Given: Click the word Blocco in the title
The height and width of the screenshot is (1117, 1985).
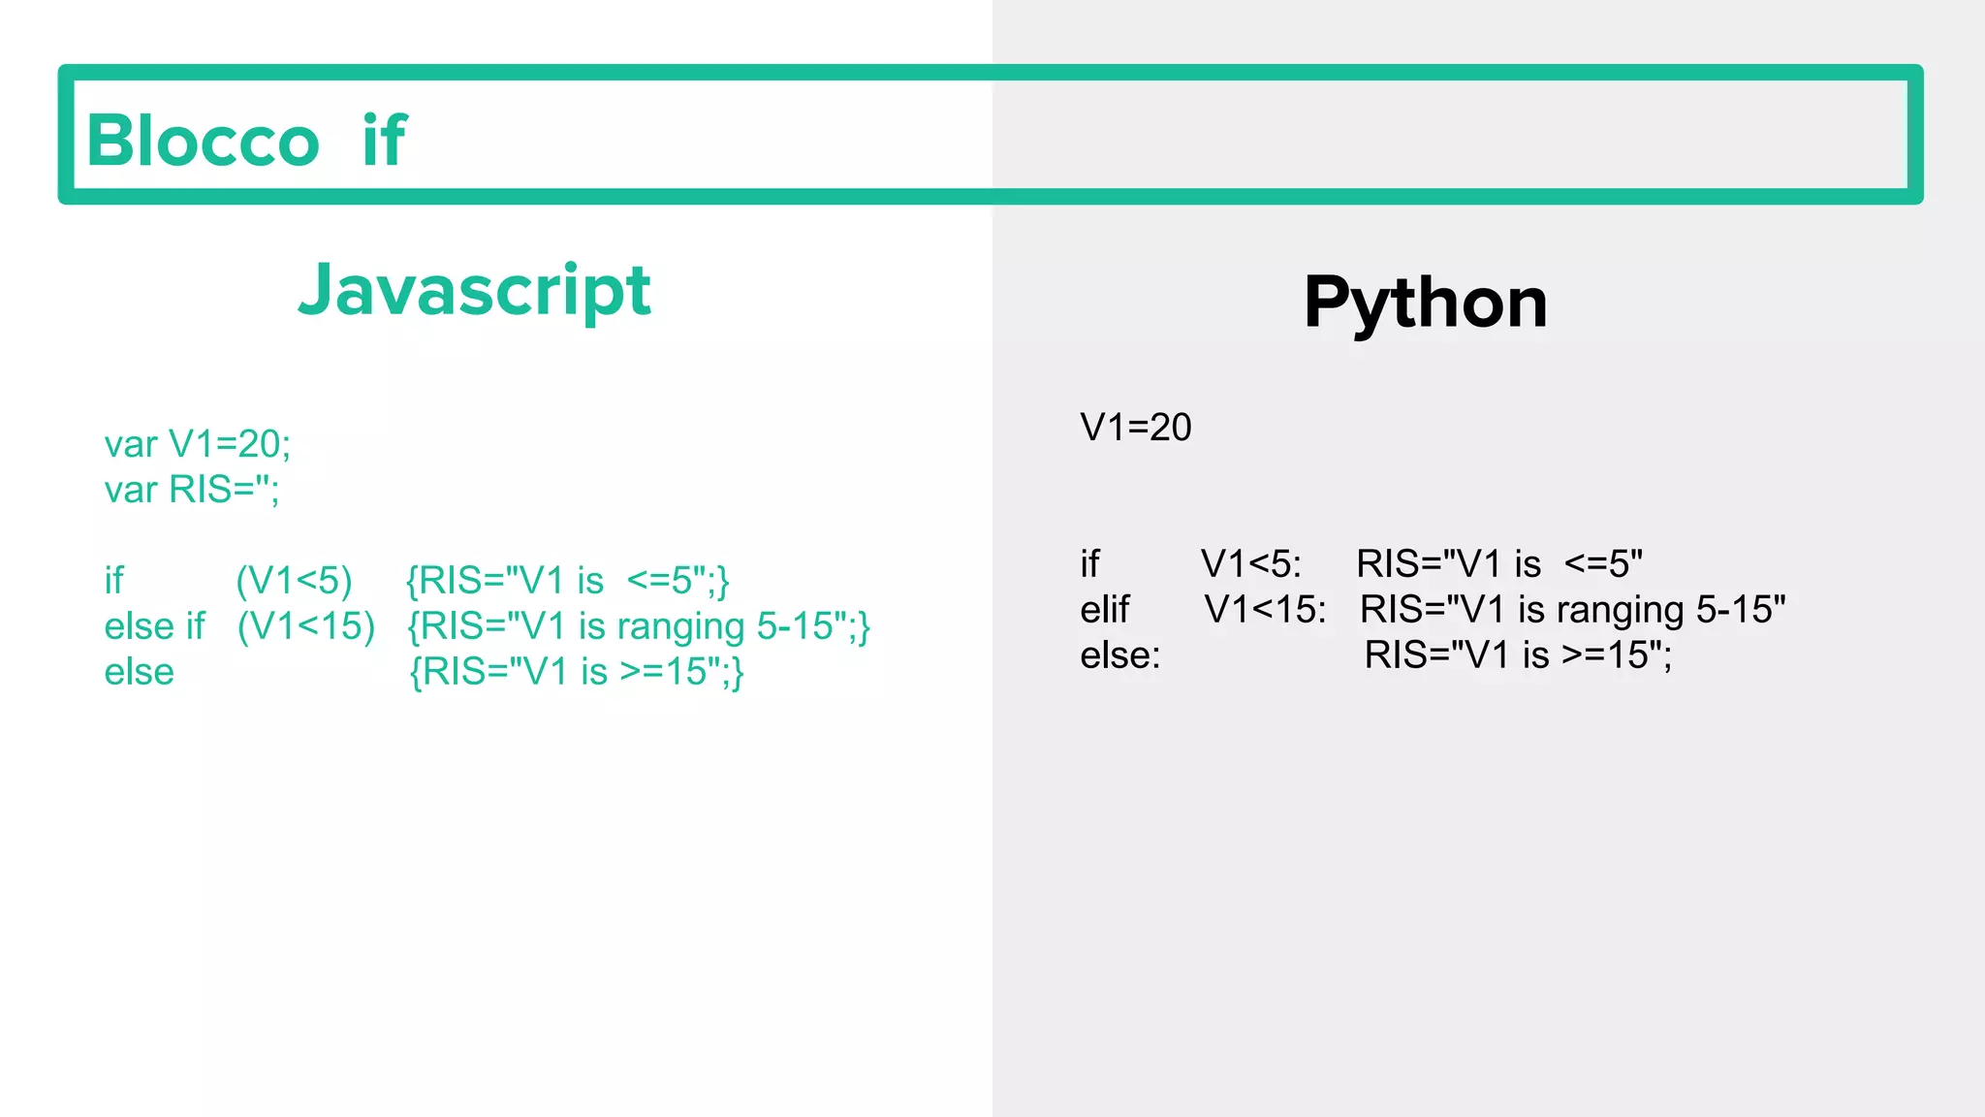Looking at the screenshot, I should [x=203, y=141].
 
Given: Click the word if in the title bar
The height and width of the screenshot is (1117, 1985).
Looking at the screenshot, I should [x=384, y=141].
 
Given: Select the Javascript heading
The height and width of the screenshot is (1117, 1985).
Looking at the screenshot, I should [x=474, y=290].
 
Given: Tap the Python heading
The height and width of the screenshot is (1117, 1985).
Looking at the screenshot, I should [x=1425, y=303].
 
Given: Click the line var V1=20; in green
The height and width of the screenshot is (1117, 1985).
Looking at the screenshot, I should [x=197, y=444].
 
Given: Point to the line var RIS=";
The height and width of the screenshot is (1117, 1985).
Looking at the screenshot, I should [x=191, y=490].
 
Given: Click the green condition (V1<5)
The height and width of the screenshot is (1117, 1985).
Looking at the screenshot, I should [x=294, y=581].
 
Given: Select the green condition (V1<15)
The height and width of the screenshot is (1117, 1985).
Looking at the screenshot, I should [x=306, y=626].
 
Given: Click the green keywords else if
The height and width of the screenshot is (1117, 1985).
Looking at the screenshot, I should [x=154, y=626].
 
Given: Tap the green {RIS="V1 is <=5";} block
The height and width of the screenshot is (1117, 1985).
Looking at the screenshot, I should [x=567, y=581].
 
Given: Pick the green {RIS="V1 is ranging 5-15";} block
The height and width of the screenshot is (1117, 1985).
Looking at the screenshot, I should [x=639, y=626].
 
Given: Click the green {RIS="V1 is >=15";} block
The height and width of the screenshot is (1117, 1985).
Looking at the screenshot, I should [x=577, y=672].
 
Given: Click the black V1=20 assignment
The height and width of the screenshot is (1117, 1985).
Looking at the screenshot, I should [x=1135, y=428].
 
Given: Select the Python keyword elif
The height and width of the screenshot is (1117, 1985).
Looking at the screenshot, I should [x=1104, y=610].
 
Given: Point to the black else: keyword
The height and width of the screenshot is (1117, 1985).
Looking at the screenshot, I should [x=1119, y=655].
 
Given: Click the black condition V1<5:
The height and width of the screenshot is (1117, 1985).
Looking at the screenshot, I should [x=1250, y=563].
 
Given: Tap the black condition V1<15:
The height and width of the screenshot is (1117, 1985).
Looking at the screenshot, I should [x=1265, y=610].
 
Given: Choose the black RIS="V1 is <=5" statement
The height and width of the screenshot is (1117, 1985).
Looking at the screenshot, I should [x=1498, y=563].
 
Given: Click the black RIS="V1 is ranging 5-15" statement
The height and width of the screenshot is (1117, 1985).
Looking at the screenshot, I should [x=1572, y=610].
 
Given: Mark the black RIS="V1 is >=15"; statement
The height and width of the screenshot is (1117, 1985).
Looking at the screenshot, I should [x=1518, y=655].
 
